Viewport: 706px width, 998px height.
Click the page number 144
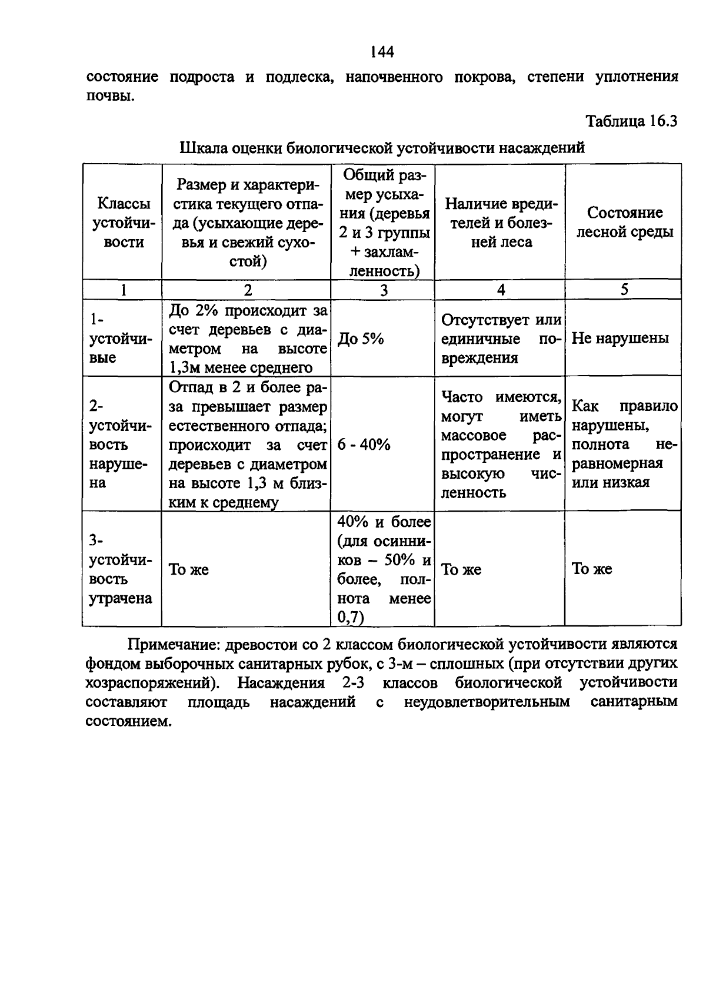point(382,52)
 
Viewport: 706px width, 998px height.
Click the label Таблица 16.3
point(631,121)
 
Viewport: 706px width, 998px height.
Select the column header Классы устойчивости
point(123,223)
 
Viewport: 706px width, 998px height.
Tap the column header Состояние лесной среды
point(624,222)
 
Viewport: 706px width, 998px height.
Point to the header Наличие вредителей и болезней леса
point(501,223)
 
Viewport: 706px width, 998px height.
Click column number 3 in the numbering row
point(384,290)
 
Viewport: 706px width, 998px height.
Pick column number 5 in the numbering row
point(624,289)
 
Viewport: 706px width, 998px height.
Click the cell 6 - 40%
point(364,445)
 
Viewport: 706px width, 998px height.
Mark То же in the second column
point(189,569)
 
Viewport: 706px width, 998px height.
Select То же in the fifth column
point(592,569)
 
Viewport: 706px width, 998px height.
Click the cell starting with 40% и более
point(384,569)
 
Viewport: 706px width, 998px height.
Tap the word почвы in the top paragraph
point(109,96)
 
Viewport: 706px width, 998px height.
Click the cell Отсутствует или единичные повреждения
point(501,339)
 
